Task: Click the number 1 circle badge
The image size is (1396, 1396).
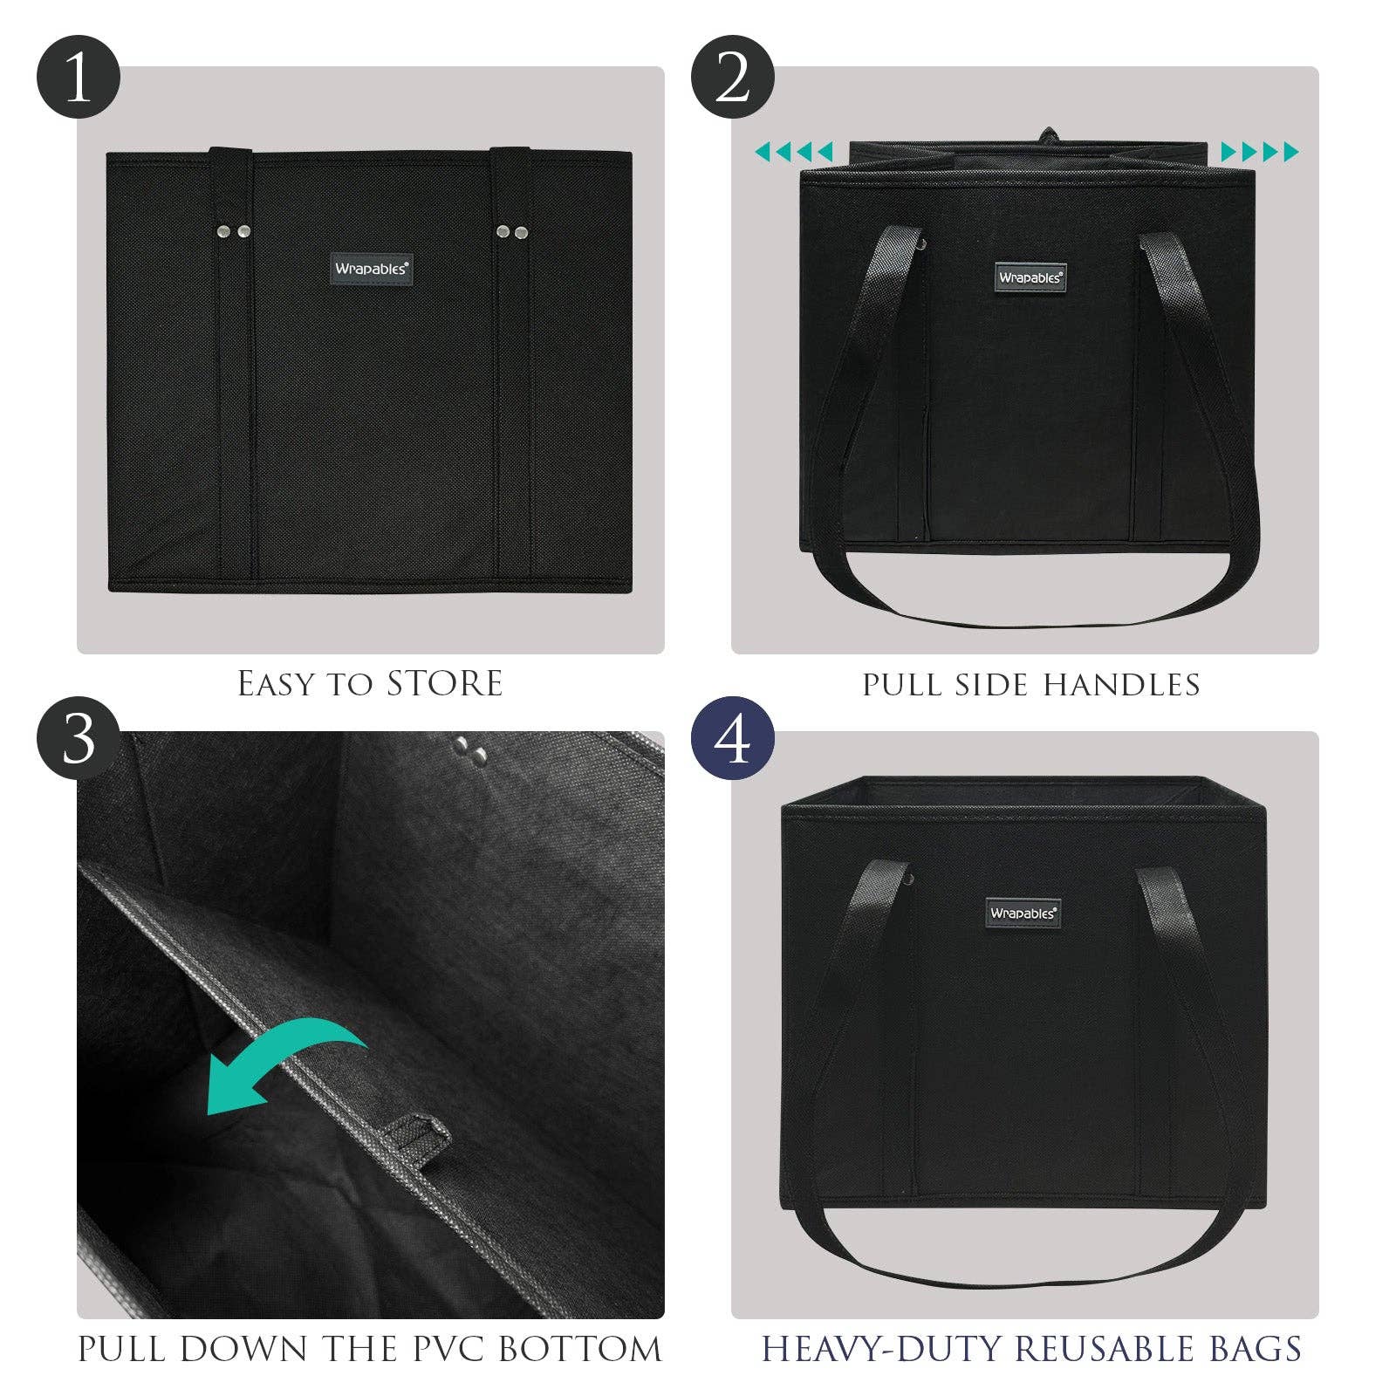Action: point(78,77)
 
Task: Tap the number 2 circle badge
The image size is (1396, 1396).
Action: point(733,77)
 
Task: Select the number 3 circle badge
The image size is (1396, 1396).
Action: point(78,740)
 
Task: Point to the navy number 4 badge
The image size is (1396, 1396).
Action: point(733,740)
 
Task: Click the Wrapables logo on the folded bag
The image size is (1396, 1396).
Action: point(371,269)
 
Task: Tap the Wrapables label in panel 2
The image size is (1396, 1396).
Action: point(1030,277)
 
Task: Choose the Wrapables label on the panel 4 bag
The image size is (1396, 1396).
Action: point(1023,913)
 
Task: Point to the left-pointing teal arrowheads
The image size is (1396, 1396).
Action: point(794,153)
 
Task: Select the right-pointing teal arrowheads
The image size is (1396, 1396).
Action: point(1260,153)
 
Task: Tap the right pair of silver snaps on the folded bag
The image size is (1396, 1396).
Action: point(513,231)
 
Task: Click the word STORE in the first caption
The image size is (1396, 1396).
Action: point(445,684)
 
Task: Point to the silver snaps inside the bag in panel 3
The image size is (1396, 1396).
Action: point(471,752)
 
